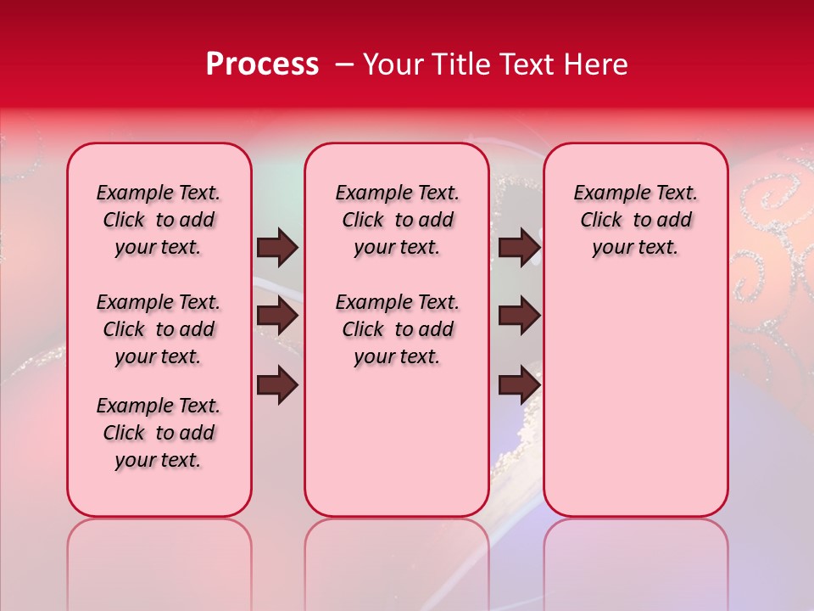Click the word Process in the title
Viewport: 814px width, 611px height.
pyautogui.click(x=262, y=64)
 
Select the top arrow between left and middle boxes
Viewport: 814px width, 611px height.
pyautogui.click(x=277, y=247)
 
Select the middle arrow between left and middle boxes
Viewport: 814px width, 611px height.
pyautogui.click(x=277, y=316)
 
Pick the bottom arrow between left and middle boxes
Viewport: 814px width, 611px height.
pyautogui.click(x=277, y=385)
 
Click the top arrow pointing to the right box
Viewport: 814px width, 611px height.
pyautogui.click(x=519, y=247)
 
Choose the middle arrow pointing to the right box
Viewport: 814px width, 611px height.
pyautogui.click(x=519, y=316)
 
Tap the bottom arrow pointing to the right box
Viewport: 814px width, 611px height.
pyautogui.click(x=519, y=385)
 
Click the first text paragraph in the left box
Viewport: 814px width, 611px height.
pyautogui.click(x=159, y=220)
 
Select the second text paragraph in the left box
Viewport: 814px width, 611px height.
pyautogui.click(x=159, y=329)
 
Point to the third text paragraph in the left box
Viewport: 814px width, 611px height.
pyautogui.click(x=159, y=433)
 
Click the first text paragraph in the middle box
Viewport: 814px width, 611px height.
pyautogui.click(x=398, y=220)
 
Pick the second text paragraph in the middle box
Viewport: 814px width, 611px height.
pyautogui.click(x=398, y=329)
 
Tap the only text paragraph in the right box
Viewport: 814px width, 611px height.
pyautogui.click(x=636, y=220)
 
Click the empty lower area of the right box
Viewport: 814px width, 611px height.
pyautogui.click(x=636, y=407)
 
